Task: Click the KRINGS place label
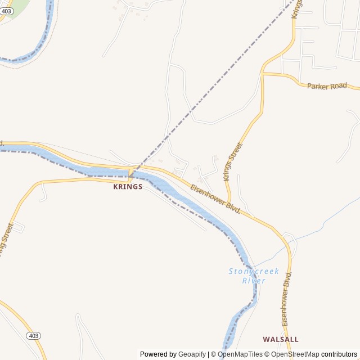(x=128, y=187)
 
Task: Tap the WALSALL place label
(x=280, y=340)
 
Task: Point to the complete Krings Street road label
(x=233, y=161)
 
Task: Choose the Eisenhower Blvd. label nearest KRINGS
(x=215, y=199)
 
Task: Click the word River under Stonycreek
(x=254, y=281)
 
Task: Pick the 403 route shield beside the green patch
(x=6, y=11)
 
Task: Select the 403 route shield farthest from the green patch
(x=33, y=336)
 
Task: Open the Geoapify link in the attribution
(x=192, y=354)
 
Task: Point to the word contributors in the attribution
(x=339, y=354)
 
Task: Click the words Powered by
(x=159, y=354)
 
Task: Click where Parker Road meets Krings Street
(x=263, y=73)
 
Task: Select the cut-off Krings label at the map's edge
(x=296, y=8)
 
